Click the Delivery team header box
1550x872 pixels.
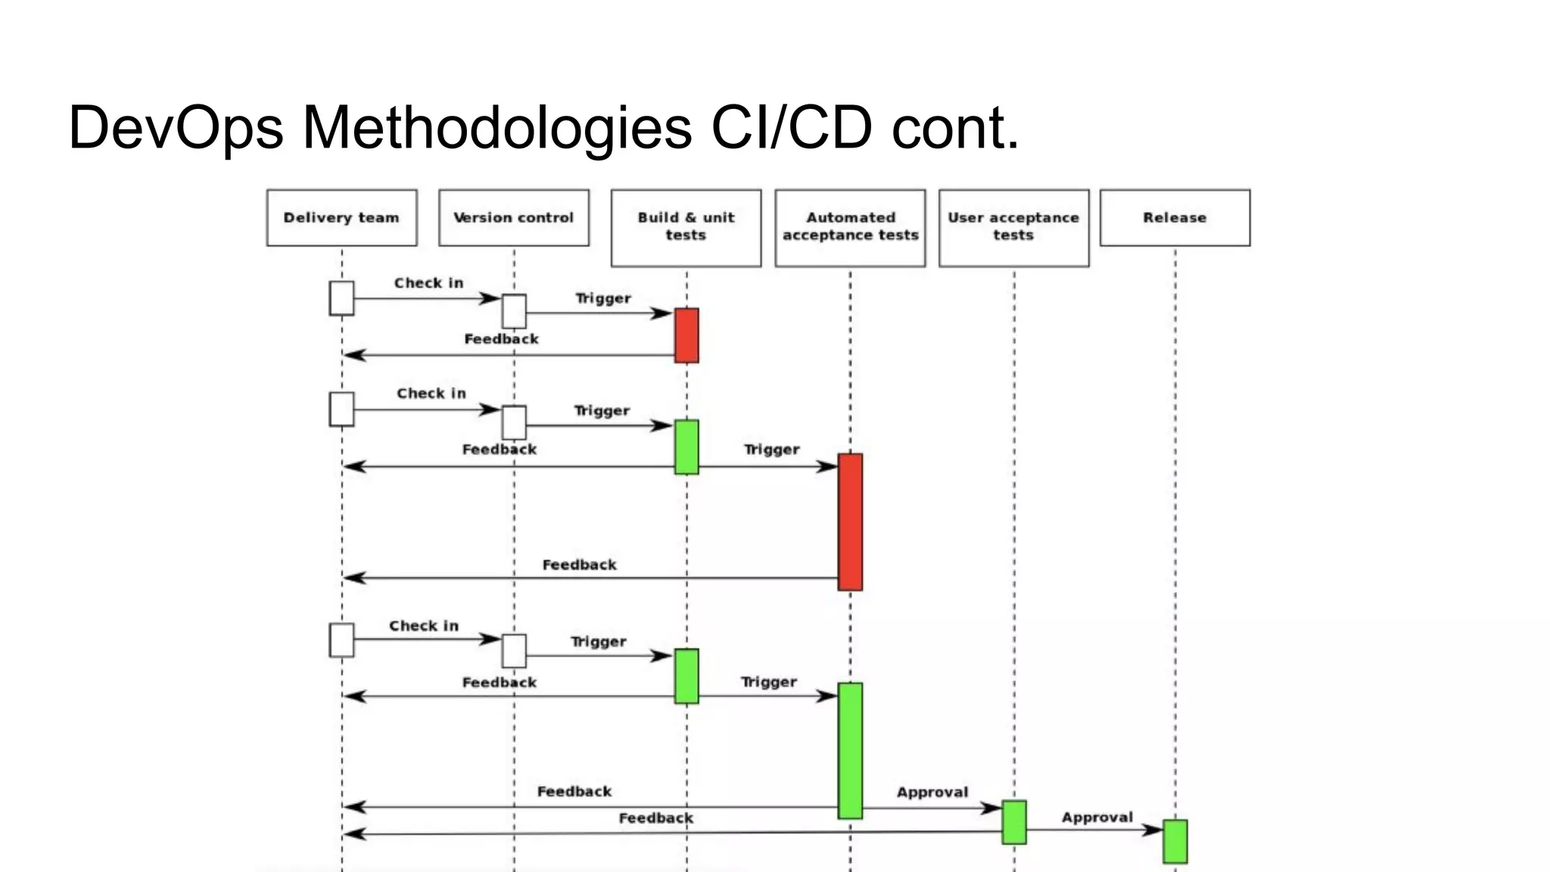pos(341,218)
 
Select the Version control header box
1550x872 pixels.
pos(513,218)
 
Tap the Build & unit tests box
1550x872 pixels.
pos(686,227)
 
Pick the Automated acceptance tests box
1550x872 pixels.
pos(850,227)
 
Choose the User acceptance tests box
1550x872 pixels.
pos(1013,227)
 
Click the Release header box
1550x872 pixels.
pos(1175,218)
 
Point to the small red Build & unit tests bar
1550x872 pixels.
pos(686,335)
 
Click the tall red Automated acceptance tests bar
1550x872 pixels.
pos(850,522)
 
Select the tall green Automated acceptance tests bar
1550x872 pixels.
pos(850,750)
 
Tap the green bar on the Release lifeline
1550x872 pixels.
pos(1175,841)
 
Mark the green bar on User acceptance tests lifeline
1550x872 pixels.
pos(1014,822)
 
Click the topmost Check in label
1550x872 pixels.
pos(428,283)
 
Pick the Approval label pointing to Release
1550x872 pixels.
pos(1097,817)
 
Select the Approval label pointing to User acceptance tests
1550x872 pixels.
pos(932,793)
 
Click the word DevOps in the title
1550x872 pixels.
pos(176,127)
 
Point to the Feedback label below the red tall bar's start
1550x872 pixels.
pos(579,565)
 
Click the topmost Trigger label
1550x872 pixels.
pos(602,298)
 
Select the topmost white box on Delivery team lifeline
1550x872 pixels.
pos(341,298)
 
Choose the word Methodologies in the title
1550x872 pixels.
pos(497,127)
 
